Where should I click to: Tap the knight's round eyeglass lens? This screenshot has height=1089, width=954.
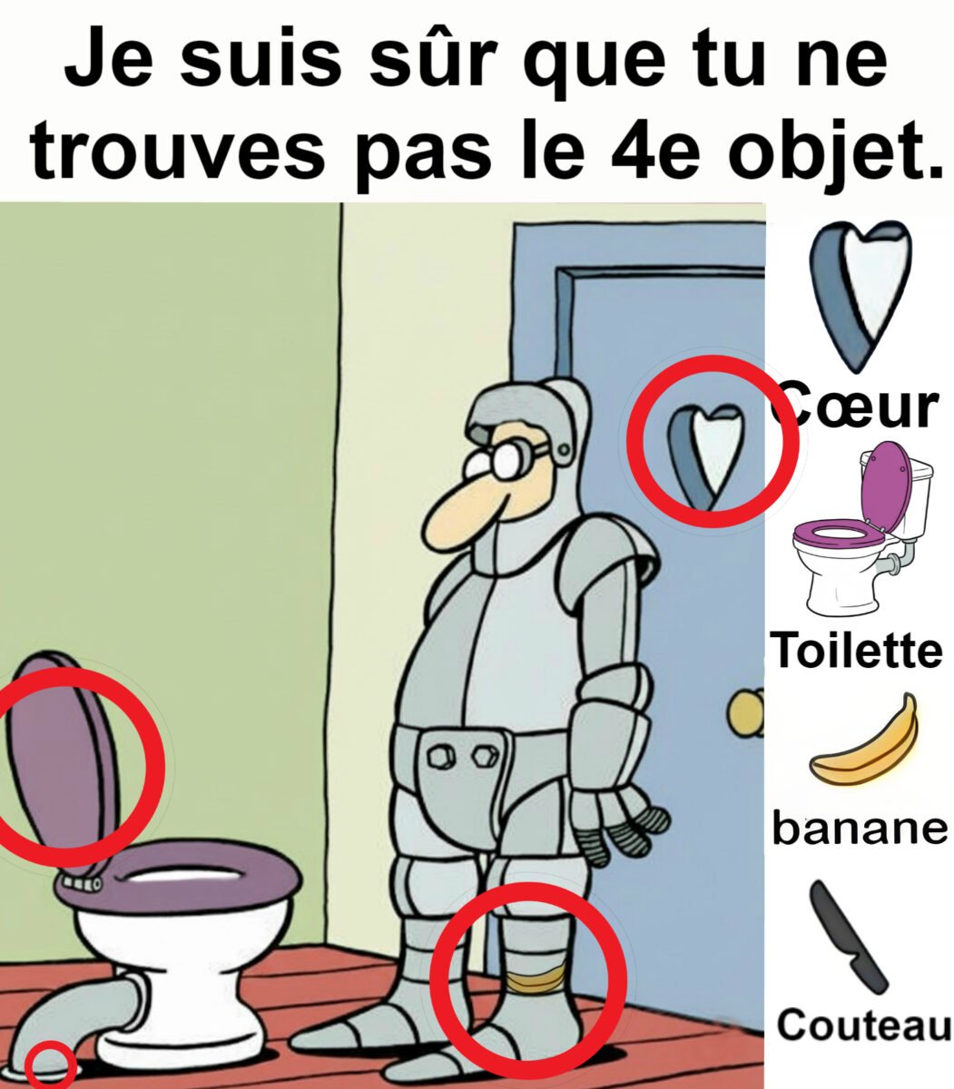(506, 460)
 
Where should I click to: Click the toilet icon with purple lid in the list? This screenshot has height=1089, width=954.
(862, 528)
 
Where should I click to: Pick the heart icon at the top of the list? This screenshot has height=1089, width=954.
(861, 294)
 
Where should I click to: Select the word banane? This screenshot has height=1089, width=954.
(860, 829)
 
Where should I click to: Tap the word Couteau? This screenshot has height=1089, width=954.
(863, 1023)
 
